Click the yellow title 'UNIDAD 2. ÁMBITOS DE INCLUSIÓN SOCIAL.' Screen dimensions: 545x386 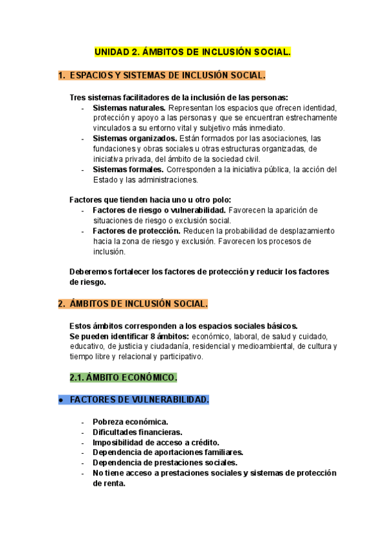[x=193, y=51]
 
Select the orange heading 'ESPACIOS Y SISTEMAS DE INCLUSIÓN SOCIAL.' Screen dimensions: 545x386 [x=167, y=75]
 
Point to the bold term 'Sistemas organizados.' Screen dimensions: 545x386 [x=135, y=139]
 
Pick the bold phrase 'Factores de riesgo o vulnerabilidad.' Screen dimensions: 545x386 [x=159, y=211]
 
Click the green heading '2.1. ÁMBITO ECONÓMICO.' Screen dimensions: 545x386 [x=123, y=377]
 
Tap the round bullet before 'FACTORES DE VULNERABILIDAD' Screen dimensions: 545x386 [x=60, y=400]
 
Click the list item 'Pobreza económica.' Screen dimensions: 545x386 [x=130, y=422]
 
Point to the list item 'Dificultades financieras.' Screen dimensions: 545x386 [x=137, y=433]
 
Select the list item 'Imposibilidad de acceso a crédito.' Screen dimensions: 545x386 [x=156, y=442]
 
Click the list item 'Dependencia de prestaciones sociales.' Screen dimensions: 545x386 [x=165, y=463]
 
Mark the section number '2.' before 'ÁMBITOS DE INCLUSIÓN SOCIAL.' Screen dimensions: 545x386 [x=62, y=303]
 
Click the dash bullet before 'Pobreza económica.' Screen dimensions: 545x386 [x=84, y=422]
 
